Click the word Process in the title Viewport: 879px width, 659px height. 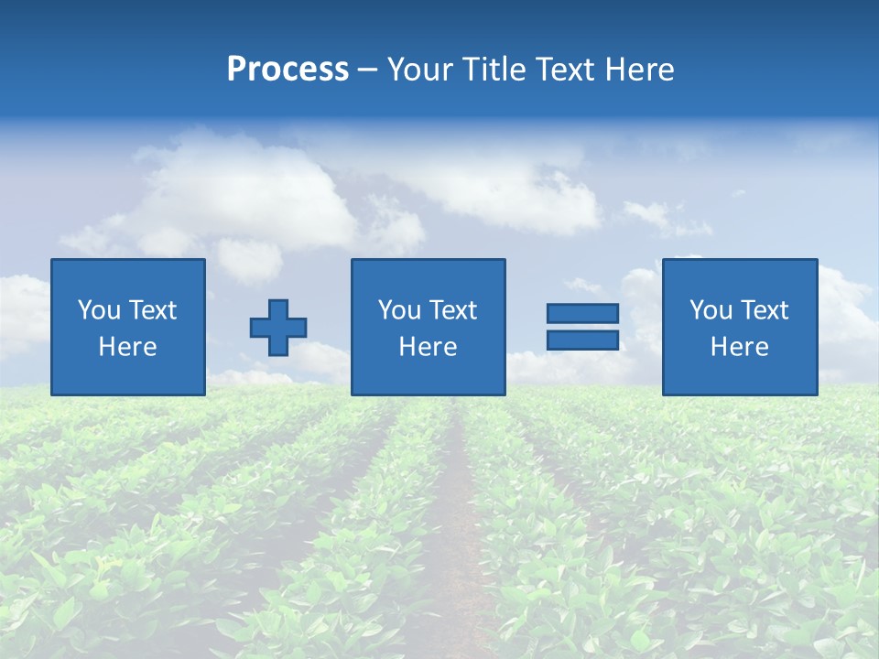(x=288, y=70)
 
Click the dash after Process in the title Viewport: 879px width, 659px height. (x=366, y=70)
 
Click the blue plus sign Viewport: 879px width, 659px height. (x=278, y=328)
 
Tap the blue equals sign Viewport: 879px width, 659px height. (x=582, y=327)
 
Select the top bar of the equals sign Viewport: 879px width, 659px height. (x=582, y=314)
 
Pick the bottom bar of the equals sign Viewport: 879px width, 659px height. (x=582, y=340)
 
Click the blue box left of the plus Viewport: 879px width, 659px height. (x=128, y=327)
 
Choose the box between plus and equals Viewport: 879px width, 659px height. (x=428, y=327)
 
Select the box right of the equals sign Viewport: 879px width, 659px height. (x=739, y=327)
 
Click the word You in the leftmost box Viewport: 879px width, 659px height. (x=99, y=310)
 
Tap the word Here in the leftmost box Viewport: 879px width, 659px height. (x=128, y=347)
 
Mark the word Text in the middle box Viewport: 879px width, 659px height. (x=452, y=310)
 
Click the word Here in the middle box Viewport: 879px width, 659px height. (x=428, y=347)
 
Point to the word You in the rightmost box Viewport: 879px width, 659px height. (x=711, y=310)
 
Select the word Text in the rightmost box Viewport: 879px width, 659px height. (x=764, y=310)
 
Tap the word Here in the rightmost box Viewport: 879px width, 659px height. (x=739, y=347)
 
